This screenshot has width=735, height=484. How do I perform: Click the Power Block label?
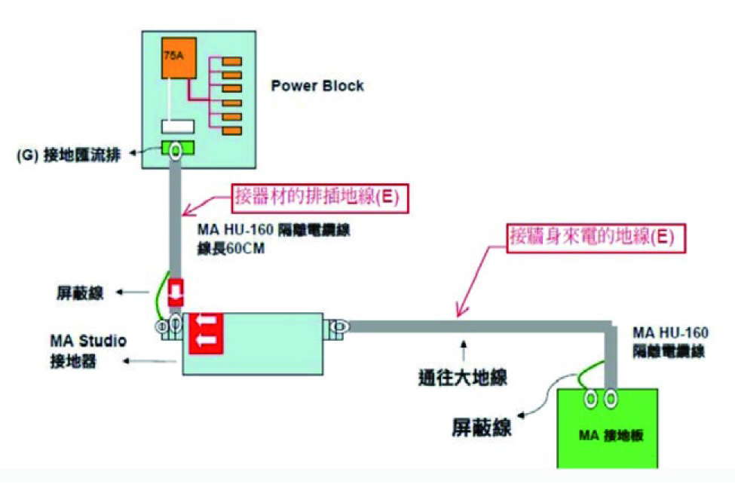[x=317, y=85]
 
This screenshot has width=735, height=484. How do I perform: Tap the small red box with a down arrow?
[x=175, y=293]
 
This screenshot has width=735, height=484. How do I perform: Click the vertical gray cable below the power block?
[x=175, y=219]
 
